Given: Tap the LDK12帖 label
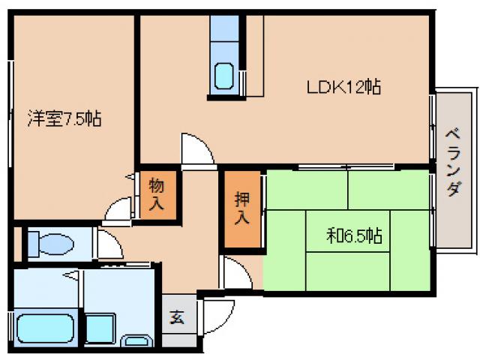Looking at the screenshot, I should click(x=344, y=87).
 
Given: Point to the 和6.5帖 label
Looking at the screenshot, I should click(x=355, y=237).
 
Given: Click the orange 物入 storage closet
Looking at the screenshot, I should click(x=157, y=193).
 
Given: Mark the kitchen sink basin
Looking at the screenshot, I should click(x=224, y=76).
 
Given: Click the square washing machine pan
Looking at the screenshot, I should click(x=100, y=328).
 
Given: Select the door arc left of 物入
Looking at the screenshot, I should click(x=118, y=210).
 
